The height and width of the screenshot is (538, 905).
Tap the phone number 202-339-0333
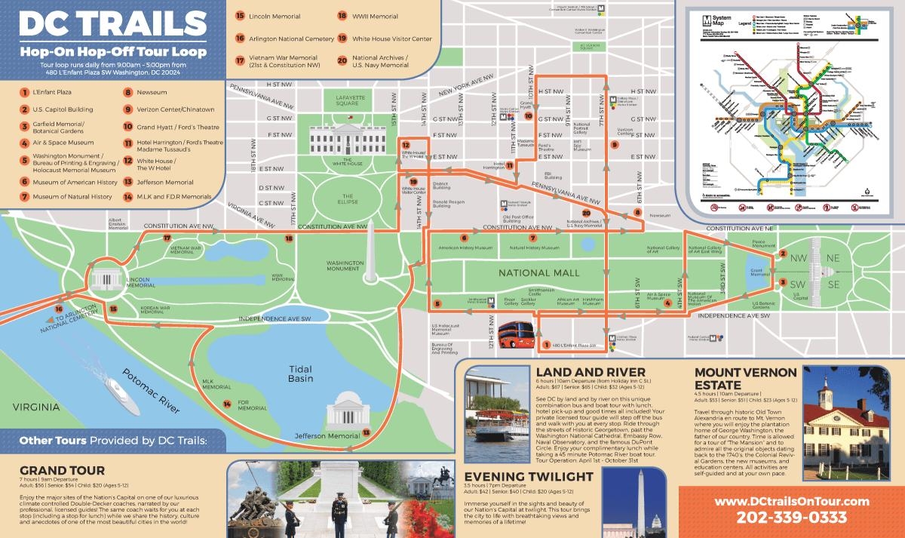[x=790, y=518]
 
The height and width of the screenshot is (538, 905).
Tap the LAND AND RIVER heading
[x=591, y=372]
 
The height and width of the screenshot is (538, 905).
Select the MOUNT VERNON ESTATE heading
[x=745, y=380]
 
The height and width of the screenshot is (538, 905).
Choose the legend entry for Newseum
[x=151, y=93]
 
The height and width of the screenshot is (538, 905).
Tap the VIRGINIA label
[x=35, y=407]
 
